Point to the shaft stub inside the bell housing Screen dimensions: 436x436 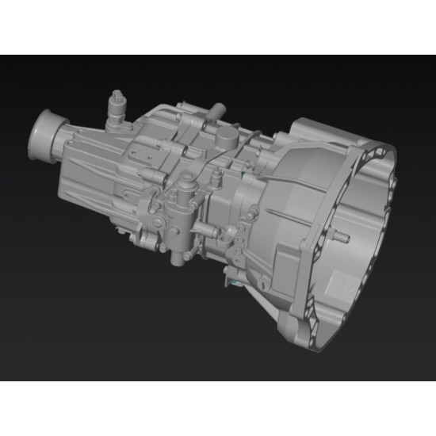342,235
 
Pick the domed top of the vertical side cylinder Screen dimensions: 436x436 184,178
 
